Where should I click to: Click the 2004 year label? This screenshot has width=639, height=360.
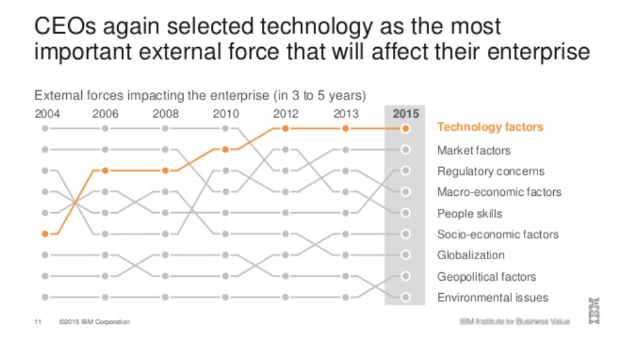(x=47, y=114)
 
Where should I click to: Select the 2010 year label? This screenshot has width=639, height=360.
(x=226, y=114)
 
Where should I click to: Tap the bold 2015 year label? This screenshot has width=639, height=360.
(x=405, y=114)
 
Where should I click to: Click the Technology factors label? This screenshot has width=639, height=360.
(x=490, y=127)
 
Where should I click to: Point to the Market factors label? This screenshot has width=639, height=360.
(x=473, y=151)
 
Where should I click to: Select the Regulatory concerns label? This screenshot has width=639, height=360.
(x=490, y=171)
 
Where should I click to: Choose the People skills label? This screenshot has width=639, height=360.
(x=469, y=213)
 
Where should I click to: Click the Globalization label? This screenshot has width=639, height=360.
(x=471, y=255)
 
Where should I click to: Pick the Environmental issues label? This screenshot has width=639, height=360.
(x=492, y=297)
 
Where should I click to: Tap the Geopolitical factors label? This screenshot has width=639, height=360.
(x=486, y=276)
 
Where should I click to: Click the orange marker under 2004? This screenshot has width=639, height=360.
(x=45, y=234)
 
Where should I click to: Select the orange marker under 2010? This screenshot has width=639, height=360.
(x=225, y=150)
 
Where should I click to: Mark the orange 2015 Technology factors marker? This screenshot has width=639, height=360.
(x=405, y=129)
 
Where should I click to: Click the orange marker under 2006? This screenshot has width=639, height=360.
(x=105, y=171)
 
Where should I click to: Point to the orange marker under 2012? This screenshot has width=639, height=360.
(x=285, y=129)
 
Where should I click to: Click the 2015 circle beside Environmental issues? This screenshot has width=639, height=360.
(x=405, y=297)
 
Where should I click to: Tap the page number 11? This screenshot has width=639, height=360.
(x=37, y=322)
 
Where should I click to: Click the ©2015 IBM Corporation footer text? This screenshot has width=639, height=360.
(x=94, y=322)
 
